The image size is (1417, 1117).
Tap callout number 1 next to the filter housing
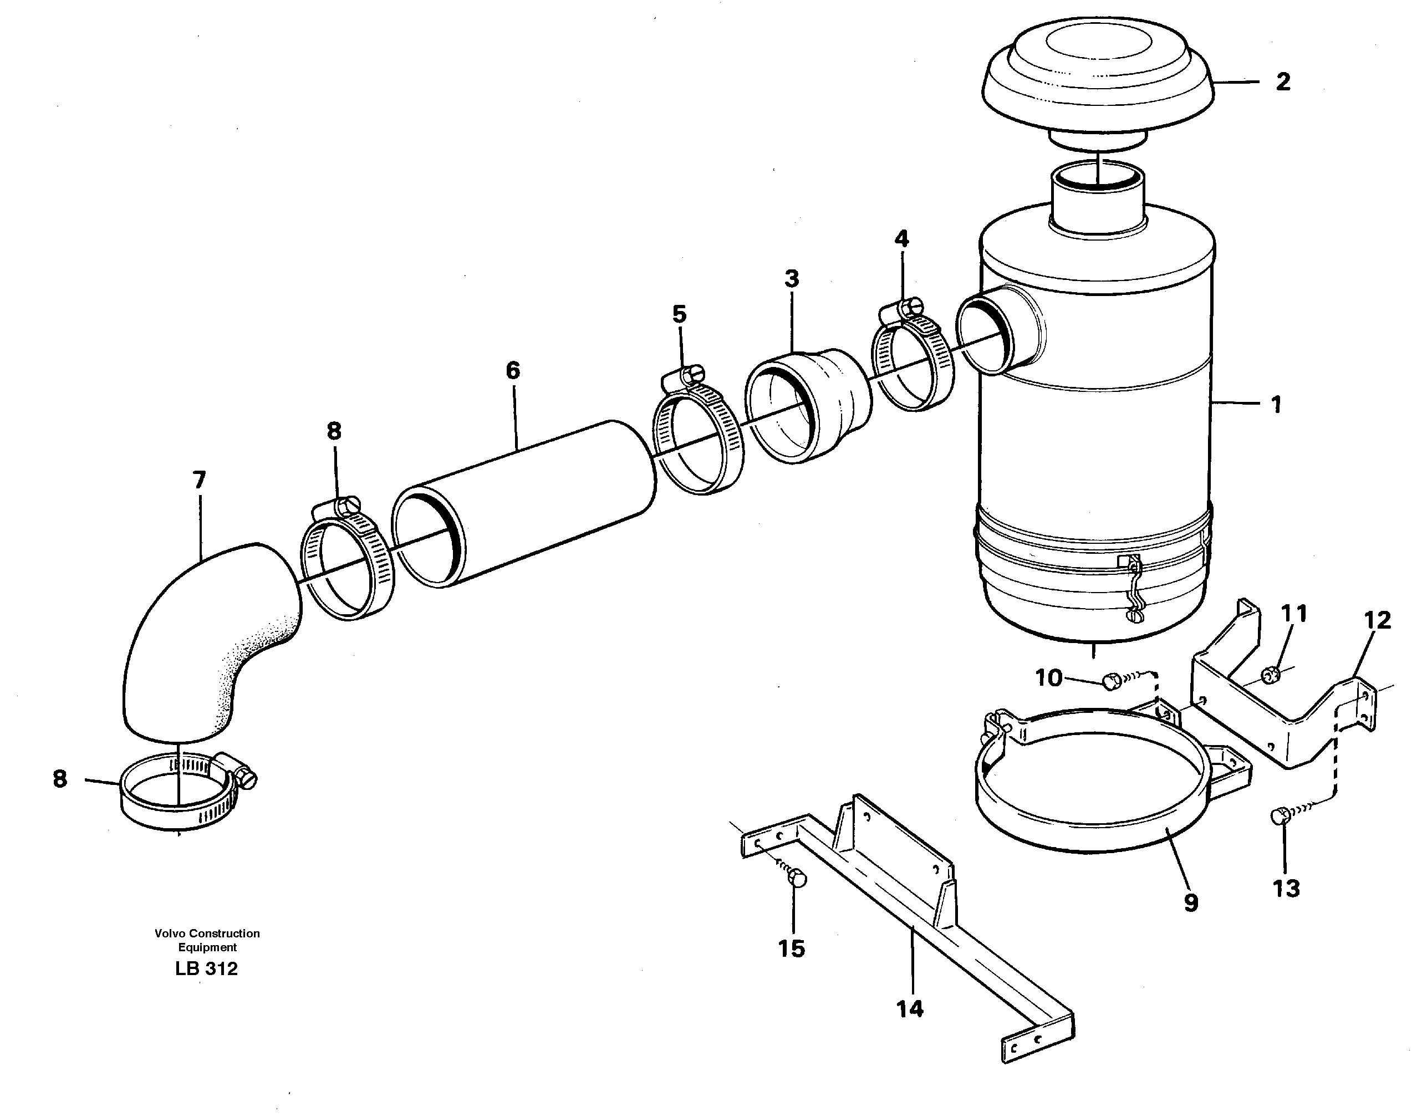[1276, 405]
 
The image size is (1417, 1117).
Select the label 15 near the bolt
[791, 948]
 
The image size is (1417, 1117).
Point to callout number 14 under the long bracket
[910, 1008]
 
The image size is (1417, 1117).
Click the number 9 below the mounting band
[1191, 903]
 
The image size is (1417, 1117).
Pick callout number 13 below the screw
[1286, 888]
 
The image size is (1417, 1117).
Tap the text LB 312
[206, 968]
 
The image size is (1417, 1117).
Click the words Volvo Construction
[207, 933]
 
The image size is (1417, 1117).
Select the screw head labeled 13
[1280, 816]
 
